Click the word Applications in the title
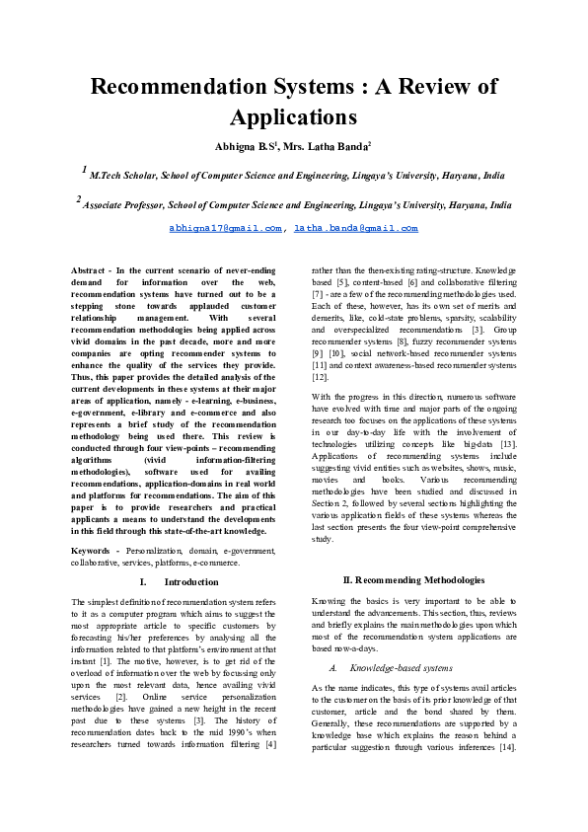click(293, 117)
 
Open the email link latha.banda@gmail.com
click(356, 228)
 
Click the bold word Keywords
click(95, 549)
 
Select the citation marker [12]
click(320, 377)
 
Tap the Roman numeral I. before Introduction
click(144, 582)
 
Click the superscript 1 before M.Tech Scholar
click(84, 171)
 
